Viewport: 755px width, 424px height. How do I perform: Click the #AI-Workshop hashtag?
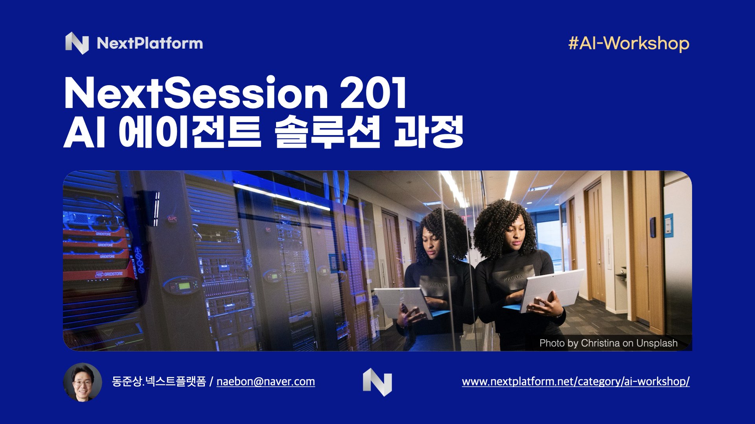[x=628, y=43]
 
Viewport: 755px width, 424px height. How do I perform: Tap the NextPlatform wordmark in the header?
[x=150, y=43]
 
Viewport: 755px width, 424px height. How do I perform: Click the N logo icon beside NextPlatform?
[x=77, y=43]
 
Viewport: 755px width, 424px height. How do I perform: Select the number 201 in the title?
[x=374, y=93]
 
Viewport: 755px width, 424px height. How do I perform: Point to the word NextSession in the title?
[x=196, y=93]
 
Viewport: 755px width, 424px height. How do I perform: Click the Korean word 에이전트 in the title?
[x=190, y=132]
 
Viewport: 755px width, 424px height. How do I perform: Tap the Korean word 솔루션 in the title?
[x=328, y=132]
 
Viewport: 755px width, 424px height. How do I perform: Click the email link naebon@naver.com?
[x=266, y=382]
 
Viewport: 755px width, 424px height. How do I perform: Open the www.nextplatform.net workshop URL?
[x=576, y=382]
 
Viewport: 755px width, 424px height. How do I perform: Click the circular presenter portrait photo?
[x=83, y=382]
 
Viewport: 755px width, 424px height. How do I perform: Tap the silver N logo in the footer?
[x=377, y=382]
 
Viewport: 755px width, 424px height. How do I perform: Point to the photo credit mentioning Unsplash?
[x=608, y=343]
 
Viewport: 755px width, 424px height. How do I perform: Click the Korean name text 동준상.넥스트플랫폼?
[x=159, y=382]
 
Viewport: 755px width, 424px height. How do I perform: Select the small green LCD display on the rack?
[x=184, y=286]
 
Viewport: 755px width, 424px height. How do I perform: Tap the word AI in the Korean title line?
[x=85, y=132]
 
